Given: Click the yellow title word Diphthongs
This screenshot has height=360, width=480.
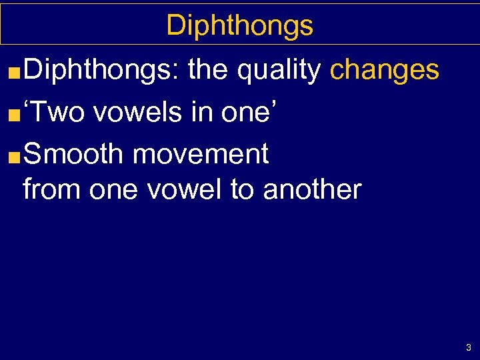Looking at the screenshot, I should (x=239, y=26).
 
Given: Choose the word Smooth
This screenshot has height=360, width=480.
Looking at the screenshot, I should (x=73, y=155).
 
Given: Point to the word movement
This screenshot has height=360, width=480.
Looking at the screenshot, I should (x=201, y=155).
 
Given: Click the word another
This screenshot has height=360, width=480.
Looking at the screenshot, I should (x=312, y=189).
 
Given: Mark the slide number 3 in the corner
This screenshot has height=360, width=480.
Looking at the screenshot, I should (x=469, y=347).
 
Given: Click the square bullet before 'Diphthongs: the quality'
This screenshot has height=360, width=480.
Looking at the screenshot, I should (x=16, y=71).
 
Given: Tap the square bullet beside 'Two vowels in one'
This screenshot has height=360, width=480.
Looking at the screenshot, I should (x=16, y=114).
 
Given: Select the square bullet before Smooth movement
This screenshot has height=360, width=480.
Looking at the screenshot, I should (x=16, y=157).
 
